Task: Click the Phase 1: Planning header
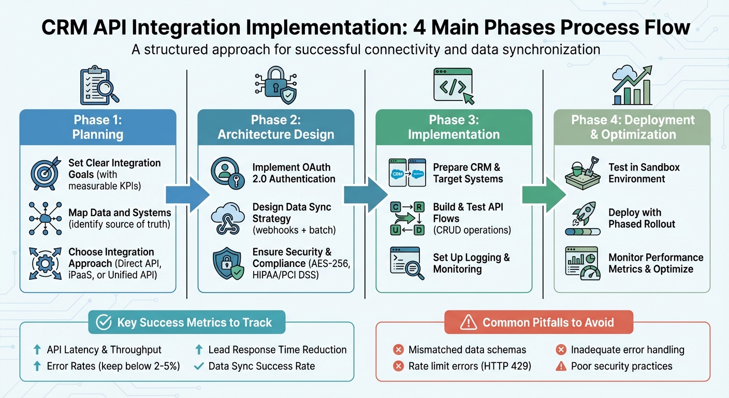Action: click(98, 127)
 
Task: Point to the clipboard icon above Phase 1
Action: click(96, 84)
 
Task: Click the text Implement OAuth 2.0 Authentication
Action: click(294, 173)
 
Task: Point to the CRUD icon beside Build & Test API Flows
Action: click(406, 218)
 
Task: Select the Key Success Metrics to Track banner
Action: click(186, 322)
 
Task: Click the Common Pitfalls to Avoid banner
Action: click(539, 322)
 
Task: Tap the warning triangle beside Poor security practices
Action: click(560, 366)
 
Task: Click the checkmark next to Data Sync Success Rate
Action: click(198, 366)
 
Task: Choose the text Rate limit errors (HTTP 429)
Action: click(470, 366)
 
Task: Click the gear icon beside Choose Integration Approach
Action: click(44, 264)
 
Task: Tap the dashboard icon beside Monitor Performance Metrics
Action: click(581, 263)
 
